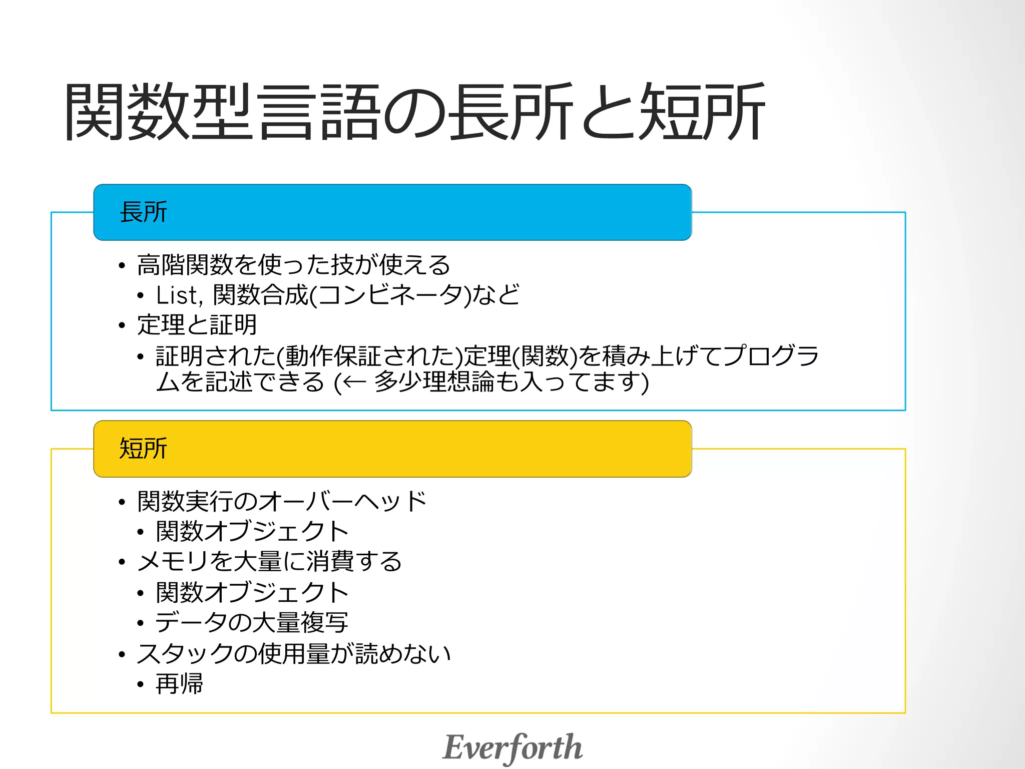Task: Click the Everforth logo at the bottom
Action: (512, 747)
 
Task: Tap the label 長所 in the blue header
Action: (143, 212)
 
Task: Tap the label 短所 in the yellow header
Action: (143, 449)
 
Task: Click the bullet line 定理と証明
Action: (197, 325)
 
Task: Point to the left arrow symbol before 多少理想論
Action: (354, 383)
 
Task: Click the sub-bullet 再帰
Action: (179, 684)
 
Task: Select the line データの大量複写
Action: (252, 623)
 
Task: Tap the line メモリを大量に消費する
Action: (270, 562)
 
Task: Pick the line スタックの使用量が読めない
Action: (294, 654)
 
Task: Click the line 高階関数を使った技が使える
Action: (294, 265)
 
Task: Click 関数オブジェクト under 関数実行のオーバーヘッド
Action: (252, 532)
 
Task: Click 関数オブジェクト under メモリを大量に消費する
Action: (252, 593)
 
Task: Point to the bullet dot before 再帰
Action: (141, 684)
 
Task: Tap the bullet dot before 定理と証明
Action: (122, 326)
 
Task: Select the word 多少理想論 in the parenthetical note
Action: (433, 382)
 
